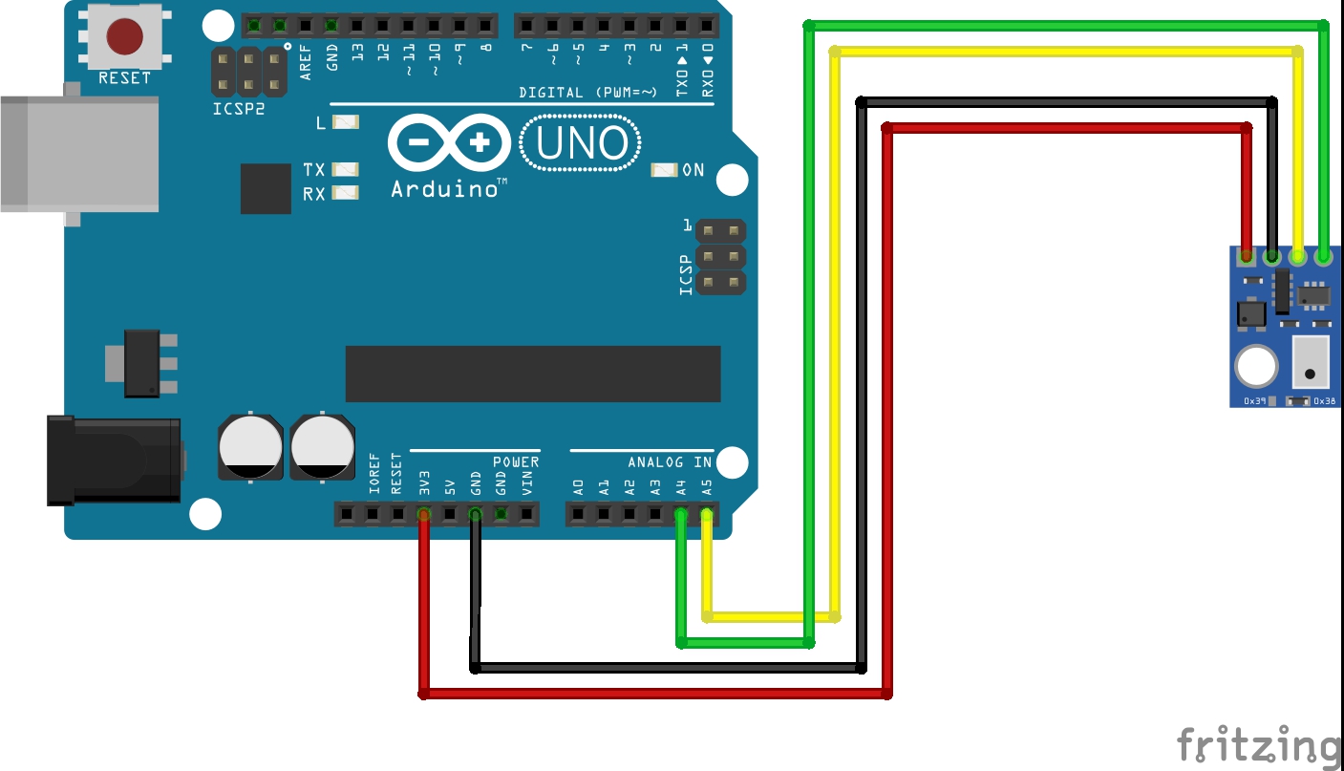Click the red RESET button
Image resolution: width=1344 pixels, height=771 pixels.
coord(124,36)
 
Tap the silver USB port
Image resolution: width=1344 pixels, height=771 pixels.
coord(78,153)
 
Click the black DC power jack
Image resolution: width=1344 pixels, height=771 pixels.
coord(115,460)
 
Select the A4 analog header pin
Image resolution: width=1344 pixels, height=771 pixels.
coord(680,515)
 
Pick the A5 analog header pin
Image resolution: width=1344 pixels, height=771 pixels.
coord(707,515)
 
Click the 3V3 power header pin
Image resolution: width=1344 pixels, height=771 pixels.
coord(423,515)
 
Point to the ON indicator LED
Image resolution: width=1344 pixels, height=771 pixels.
coord(664,170)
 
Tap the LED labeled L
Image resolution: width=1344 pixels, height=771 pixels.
coord(345,122)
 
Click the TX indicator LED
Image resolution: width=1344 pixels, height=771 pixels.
coord(345,169)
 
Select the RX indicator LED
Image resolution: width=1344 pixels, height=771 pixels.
coord(345,193)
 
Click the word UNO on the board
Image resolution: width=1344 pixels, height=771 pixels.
coord(582,144)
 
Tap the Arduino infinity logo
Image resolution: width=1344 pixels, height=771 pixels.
coord(449,144)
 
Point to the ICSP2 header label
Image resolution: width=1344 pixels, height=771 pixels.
coord(238,109)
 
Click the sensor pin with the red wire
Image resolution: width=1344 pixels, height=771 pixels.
coord(1246,256)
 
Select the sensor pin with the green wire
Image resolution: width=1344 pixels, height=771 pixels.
coord(1324,256)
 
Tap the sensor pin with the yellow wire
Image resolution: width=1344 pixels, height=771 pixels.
coord(1297,256)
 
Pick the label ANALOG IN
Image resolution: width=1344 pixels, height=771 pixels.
coord(670,462)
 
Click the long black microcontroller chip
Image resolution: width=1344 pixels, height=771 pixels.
coord(532,374)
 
